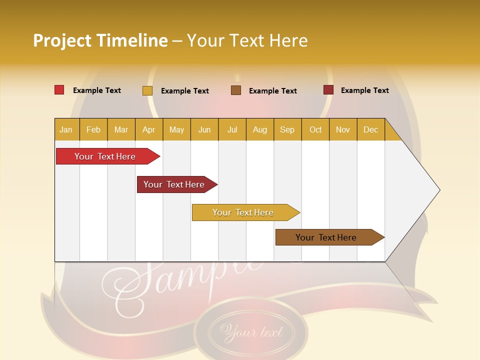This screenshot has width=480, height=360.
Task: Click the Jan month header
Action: pos(66,129)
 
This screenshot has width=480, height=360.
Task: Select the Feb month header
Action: pos(93,129)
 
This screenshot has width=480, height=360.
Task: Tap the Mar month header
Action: pos(121,129)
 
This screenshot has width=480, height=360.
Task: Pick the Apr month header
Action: pos(149,129)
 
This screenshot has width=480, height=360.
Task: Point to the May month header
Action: pos(176,129)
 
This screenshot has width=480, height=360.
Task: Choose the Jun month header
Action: pos(204,129)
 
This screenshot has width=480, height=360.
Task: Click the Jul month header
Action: pos(232,129)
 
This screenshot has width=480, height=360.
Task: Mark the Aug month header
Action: pos(260,129)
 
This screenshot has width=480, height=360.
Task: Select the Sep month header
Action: pos(287,129)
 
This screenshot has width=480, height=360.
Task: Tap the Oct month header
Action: pos(315,129)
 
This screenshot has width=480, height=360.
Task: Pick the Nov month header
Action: pos(343,129)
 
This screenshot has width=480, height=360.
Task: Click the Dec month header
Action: pos(371,129)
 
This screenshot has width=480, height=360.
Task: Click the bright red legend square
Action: pos(59,90)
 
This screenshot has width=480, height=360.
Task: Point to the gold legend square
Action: pos(147,90)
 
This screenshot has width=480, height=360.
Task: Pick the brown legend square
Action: pos(236,90)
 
